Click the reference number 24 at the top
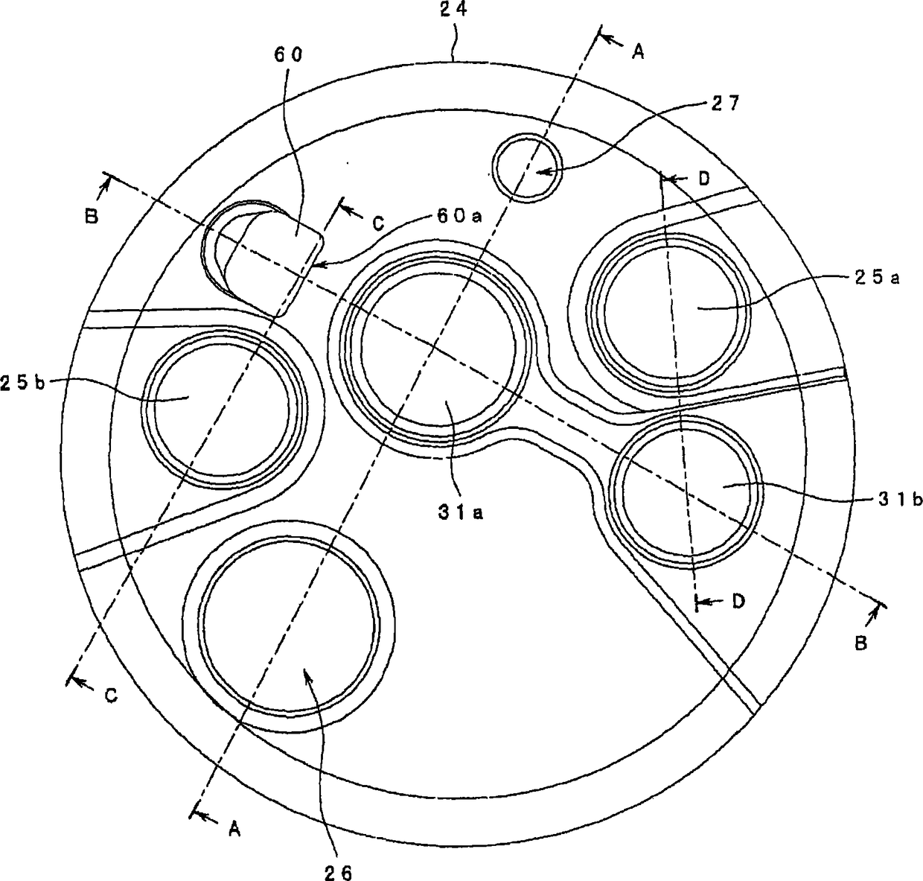click(x=455, y=12)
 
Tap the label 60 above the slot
click(x=289, y=55)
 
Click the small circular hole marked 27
click(x=526, y=168)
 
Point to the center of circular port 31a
click(x=437, y=350)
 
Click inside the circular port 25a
click(x=668, y=311)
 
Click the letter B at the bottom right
click(x=860, y=644)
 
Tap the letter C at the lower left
click(x=110, y=695)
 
